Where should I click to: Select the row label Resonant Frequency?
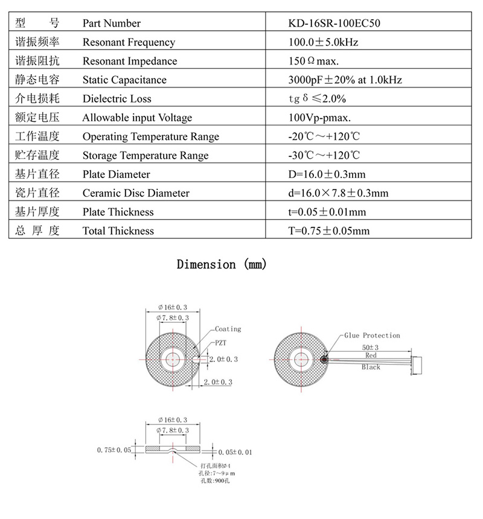[x=129, y=42]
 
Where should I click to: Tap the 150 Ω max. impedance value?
[x=314, y=61]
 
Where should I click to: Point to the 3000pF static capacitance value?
[x=345, y=80]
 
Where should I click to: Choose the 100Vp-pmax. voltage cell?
[x=320, y=118]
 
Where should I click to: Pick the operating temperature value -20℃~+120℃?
[x=324, y=136]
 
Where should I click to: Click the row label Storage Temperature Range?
[x=145, y=156]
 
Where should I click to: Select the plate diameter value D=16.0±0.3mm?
[x=327, y=174]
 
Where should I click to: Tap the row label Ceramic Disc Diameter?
[x=136, y=193]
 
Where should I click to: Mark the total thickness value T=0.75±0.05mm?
[x=329, y=231]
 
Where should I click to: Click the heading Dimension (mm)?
[x=222, y=264]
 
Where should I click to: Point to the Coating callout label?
[x=228, y=329]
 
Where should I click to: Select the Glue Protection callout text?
[x=372, y=335]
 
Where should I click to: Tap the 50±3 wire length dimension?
[x=369, y=348]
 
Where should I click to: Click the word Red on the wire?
[x=370, y=357]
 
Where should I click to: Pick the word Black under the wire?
[x=371, y=367]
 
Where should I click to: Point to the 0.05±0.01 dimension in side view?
[x=235, y=451]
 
